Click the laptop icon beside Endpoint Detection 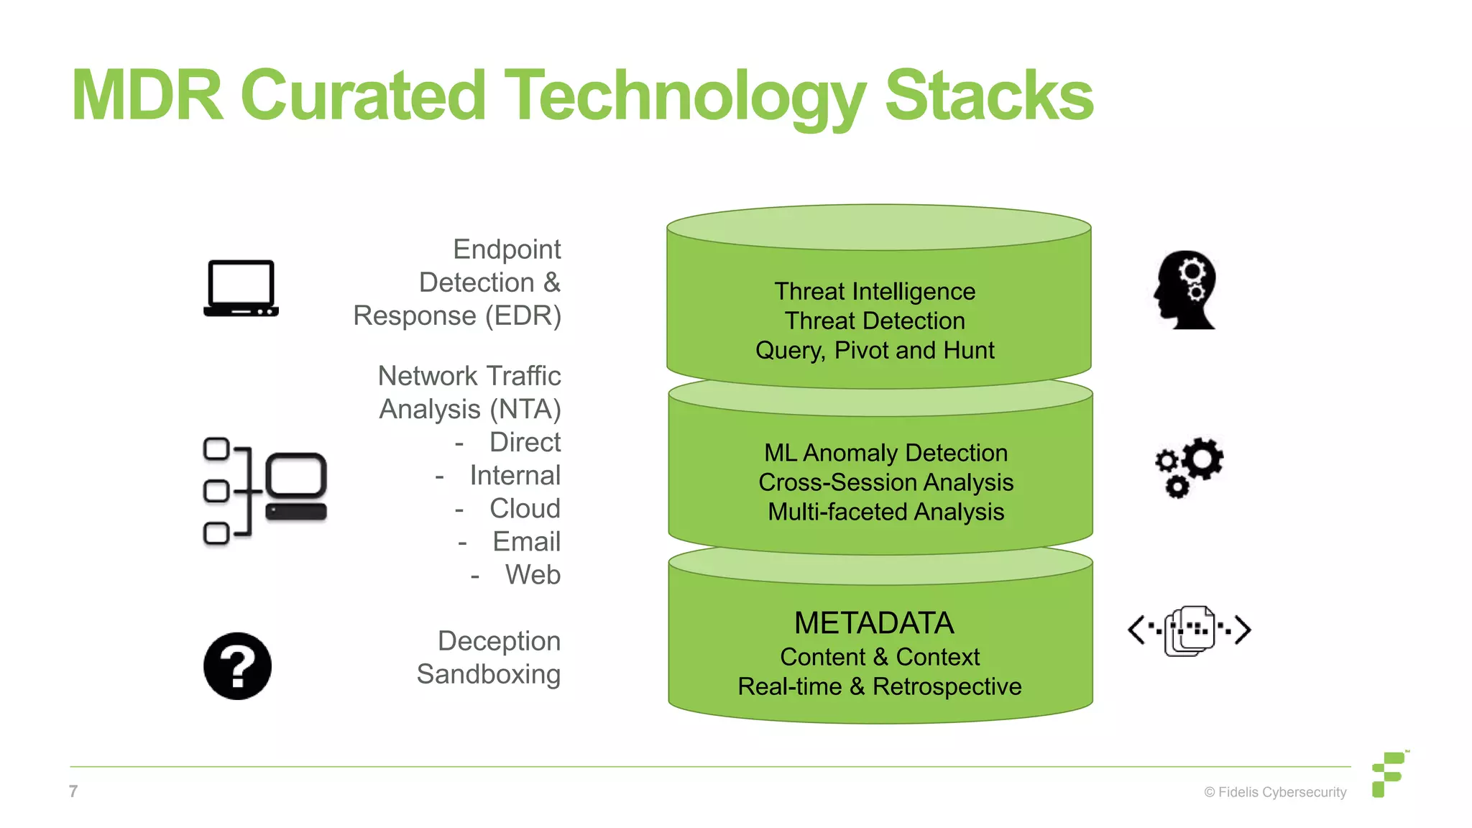pos(241,288)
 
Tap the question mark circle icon pos(237,666)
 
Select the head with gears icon pos(1186,290)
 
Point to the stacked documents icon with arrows pos(1190,630)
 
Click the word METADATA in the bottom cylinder pos(874,623)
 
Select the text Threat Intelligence pos(875,291)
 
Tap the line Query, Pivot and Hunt pos(875,350)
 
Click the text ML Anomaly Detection pos(885,453)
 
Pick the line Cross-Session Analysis pos(885,482)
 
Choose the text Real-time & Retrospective pos(879,686)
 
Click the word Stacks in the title pos(989,96)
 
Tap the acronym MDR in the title pos(147,96)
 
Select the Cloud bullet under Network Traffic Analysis pos(525,508)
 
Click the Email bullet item pos(526,541)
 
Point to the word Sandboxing pos(488,674)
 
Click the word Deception pos(499,640)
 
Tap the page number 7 pos(73,791)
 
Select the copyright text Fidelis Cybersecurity pos(1275,792)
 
